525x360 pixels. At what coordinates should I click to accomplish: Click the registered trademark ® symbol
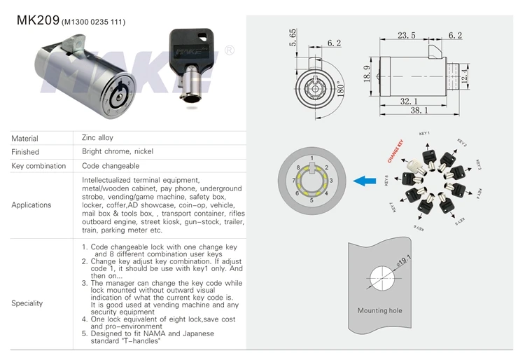point(229,50)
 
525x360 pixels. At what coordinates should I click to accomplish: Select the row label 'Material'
point(25,139)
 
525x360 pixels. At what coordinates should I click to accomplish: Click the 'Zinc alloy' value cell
point(97,138)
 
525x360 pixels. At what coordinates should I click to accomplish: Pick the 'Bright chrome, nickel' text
point(118,151)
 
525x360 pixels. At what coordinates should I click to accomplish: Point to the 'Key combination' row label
point(38,166)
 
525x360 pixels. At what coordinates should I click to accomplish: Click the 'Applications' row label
point(31,205)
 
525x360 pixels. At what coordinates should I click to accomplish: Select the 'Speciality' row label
point(27,303)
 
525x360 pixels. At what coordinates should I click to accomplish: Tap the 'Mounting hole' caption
point(378,310)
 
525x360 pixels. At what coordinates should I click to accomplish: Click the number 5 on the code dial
point(311,200)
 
